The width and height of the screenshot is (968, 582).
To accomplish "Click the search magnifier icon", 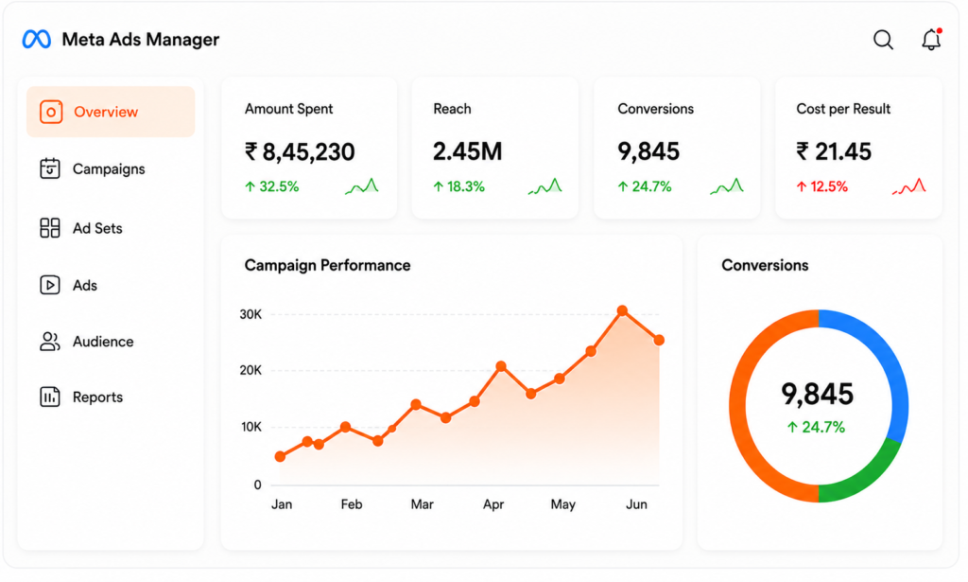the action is pos(883,40).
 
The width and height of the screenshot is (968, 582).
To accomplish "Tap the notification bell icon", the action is pos(931,39).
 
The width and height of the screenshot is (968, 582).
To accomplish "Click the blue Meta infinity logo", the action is pos(37,40).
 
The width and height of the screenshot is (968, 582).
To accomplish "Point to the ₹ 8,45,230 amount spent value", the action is pos(300,151).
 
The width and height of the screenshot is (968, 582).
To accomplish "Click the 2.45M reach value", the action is pos(467,151).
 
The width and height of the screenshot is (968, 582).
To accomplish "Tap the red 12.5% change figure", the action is pos(821,186).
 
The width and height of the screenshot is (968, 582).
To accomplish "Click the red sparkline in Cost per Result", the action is pos(909,186).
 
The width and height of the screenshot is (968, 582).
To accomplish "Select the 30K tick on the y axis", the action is pos(251,314).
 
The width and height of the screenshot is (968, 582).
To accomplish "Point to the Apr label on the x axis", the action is pos(493,504).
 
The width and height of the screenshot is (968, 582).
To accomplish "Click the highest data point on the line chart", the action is pos(622,310).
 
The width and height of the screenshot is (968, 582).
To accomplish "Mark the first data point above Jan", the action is pos(280,456).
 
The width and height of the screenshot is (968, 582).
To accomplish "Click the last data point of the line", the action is pos(659,340).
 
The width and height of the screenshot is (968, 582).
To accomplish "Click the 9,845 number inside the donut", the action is pos(818,394).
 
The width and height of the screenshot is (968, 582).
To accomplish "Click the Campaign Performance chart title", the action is pos(327,265).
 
